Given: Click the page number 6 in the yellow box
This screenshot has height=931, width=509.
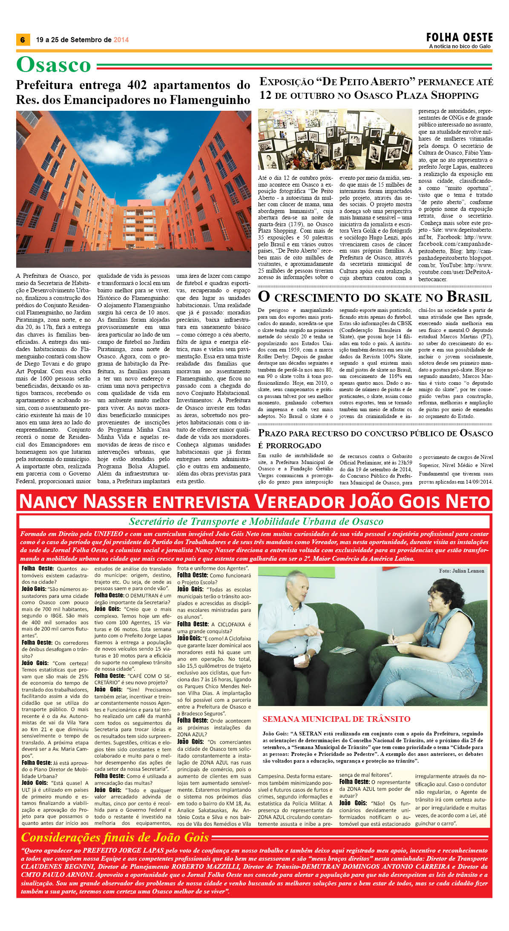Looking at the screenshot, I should pyautogui.click(x=22, y=40).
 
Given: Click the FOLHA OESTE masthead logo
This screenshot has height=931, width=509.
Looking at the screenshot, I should pyautogui.click(x=459, y=37).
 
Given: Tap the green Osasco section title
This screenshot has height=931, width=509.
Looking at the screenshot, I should pyautogui.click(x=54, y=65).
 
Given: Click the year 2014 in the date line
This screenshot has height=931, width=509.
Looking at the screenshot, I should pyautogui.click(x=121, y=40).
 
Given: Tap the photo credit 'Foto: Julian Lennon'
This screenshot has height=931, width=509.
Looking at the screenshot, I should pyautogui.click(x=461, y=571).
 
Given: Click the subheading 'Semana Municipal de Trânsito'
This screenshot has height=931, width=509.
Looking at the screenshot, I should pyautogui.click(x=336, y=719).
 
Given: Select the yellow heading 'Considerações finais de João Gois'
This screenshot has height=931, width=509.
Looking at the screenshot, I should pyautogui.click(x=115, y=837).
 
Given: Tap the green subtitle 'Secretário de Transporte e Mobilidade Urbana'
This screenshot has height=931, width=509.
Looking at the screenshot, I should pyautogui.click(x=256, y=522).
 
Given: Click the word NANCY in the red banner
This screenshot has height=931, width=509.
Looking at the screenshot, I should pyautogui.click(x=49, y=502).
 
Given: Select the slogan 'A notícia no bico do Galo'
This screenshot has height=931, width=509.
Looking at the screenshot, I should pyautogui.click(x=460, y=46).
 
